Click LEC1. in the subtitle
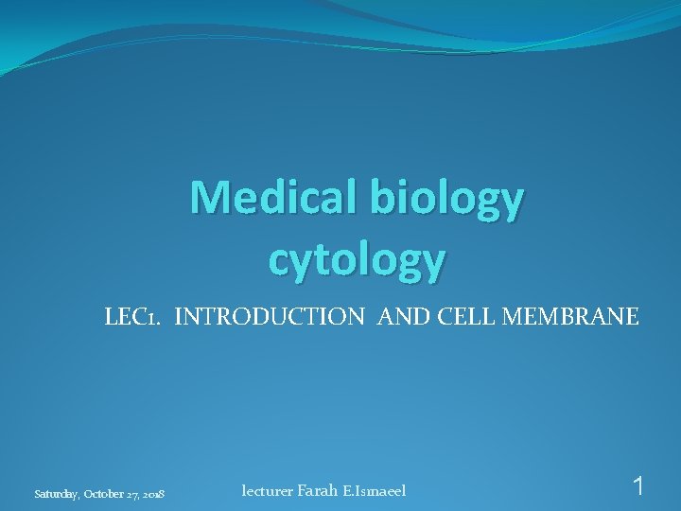pyautogui.click(x=133, y=317)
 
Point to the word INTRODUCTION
pyautogui.click(x=270, y=317)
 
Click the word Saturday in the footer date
pyautogui.click(x=56, y=494)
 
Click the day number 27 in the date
pyautogui.click(x=133, y=494)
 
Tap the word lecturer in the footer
pyautogui.click(x=267, y=490)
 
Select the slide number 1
pyautogui.click(x=639, y=487)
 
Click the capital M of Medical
pyautogui.click(x=208, y=197)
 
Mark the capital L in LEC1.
pyautogui.click(x=111, y=317)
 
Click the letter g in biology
pyautogui.click(x=483, y=202)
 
